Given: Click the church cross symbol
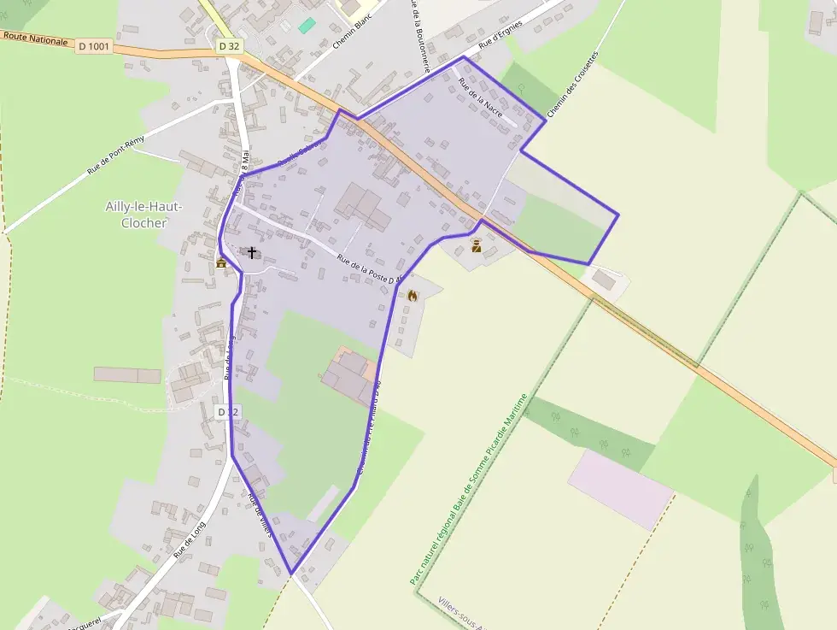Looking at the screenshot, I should click(x=251, y=252).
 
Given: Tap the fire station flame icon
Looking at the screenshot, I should click(x=413, y=296).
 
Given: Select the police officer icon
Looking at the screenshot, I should click(x=477, y=247).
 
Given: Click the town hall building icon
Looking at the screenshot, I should click(x=222, y=262).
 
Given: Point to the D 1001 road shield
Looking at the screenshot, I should click(x=94, y=47).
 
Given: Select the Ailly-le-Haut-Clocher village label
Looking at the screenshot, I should click(x=143, y=214).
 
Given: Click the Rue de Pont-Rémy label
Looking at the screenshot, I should click(x=117, y=156).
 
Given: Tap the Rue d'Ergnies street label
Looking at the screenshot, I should click(x=500, y=33).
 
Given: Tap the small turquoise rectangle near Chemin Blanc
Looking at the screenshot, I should click(x=307, y=26).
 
